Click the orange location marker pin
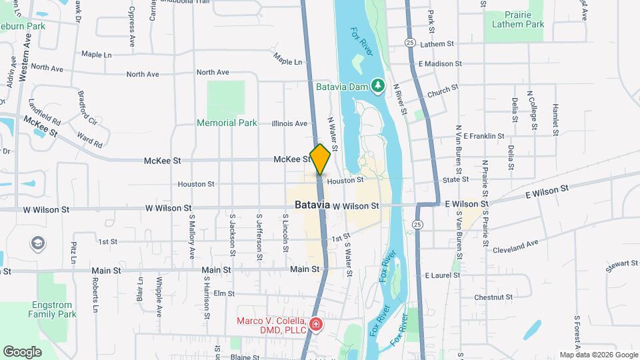[320, 159]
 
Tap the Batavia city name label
[309, 205]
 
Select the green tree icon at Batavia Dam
[378, 85]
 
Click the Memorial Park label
[227, 123]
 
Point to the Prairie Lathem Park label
[518, 19]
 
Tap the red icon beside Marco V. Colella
[315, 326]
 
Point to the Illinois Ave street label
[289, 123]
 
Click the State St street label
[456, 180]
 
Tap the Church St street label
[443, 90]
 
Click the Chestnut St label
[493, 297]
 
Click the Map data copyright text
[598, 355]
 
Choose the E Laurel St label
[439, 275]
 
